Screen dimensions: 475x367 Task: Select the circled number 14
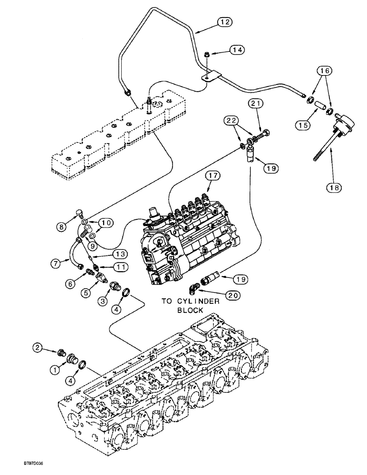[238, 49]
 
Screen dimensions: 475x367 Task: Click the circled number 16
[324, 71]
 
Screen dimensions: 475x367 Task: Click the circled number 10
[105, 222]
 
